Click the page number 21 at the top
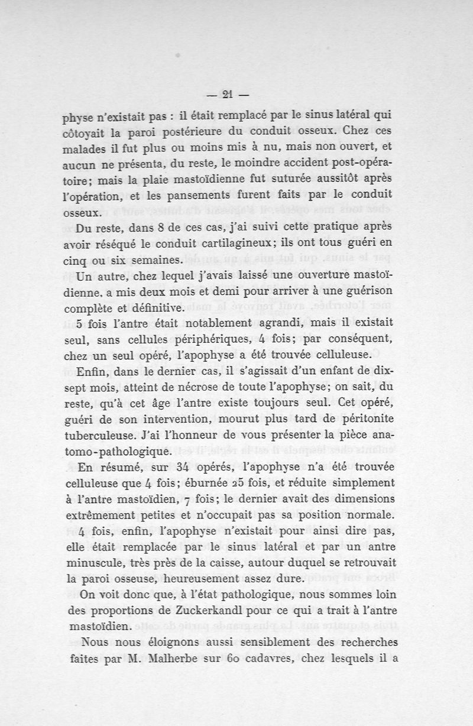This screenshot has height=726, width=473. pos(228,94)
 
